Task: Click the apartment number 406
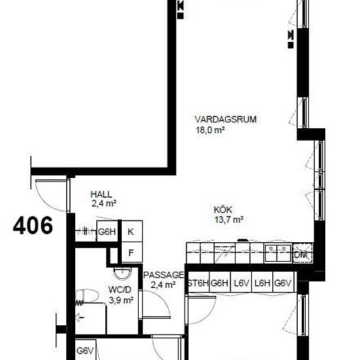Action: [x=33, y=225]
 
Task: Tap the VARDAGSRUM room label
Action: [x=225, y=120]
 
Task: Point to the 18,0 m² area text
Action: [x=210, y=130]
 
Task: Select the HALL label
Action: [x=101, y=194]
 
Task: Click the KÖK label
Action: [x=223, y=209]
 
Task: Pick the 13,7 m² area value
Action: [x=229, y=220]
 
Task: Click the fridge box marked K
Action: [x=132, y=231]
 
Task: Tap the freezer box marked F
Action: [x=132, y=252]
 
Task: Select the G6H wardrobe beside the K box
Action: [x=107, y=232]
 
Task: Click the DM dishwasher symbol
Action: [x=303, y=253]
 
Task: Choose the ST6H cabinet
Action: [x=198, y=282]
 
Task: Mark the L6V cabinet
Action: [x=241, y=282]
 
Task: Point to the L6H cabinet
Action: [x=262, y=282]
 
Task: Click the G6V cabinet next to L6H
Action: [x=283, y=282]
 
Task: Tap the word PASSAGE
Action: [x=164, y=275]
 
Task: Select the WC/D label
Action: [x=120, y=290]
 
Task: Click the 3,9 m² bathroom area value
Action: [x=121, y=300]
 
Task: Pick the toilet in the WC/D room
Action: [x=87, y=295]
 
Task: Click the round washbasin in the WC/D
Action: [x=122, y=273]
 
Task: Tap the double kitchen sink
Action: [x=278, y=253]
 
